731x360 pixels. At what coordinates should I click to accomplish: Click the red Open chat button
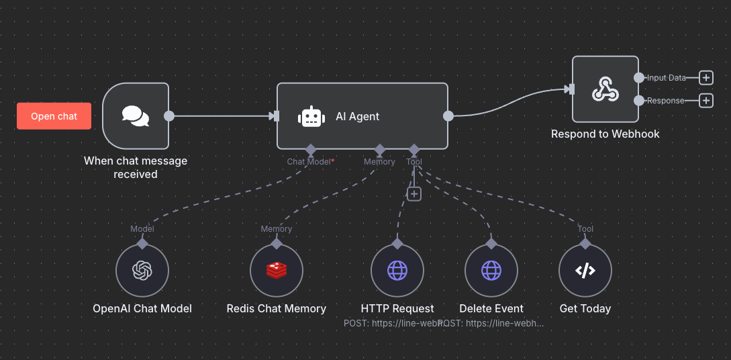click(54, 116)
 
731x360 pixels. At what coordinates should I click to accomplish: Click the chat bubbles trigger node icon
click(136, 116)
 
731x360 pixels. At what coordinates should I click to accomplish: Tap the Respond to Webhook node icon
click(605, 89)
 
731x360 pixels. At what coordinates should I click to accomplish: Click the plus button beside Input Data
click(705, 78)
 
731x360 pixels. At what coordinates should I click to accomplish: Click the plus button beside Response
click(705, 101)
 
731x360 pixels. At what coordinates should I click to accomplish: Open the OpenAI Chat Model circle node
click(142, 271)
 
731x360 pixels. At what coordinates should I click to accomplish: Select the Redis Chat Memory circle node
click(277, 271)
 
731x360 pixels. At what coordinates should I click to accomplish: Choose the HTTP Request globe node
click(397, 271)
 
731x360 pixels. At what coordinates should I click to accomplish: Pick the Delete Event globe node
click(491, 271)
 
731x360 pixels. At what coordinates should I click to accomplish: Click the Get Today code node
click(585, 271)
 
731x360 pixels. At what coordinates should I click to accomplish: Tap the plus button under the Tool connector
click(414, 193)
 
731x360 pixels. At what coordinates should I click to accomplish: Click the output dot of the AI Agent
click(448, 116)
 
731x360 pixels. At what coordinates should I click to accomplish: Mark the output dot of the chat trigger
click(169, 116)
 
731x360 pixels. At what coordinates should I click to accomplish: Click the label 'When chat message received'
click(136, 167)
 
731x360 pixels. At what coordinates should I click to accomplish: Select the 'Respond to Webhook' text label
click(605, 134)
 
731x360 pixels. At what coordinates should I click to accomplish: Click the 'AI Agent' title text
click(357, 116)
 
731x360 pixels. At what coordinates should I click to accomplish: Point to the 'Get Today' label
click(585, 308)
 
